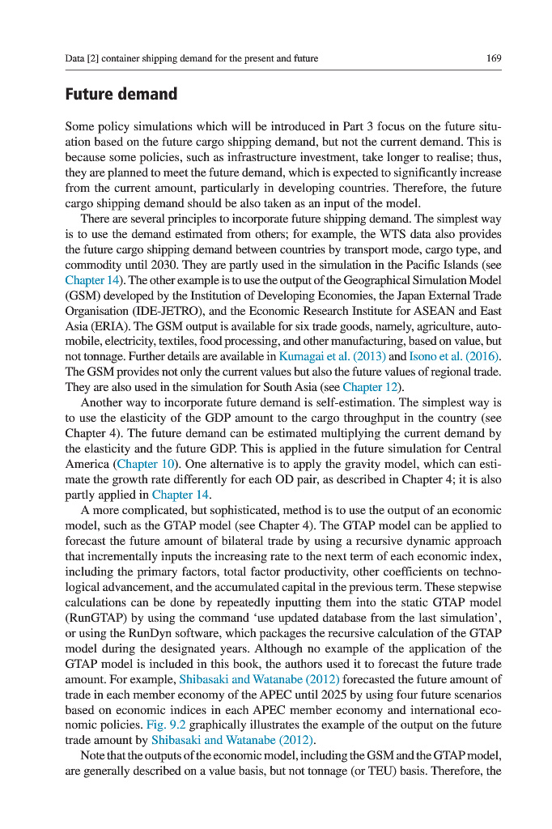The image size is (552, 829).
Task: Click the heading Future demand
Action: point(121,94)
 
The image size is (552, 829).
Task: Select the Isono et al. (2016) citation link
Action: point(455,356)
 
